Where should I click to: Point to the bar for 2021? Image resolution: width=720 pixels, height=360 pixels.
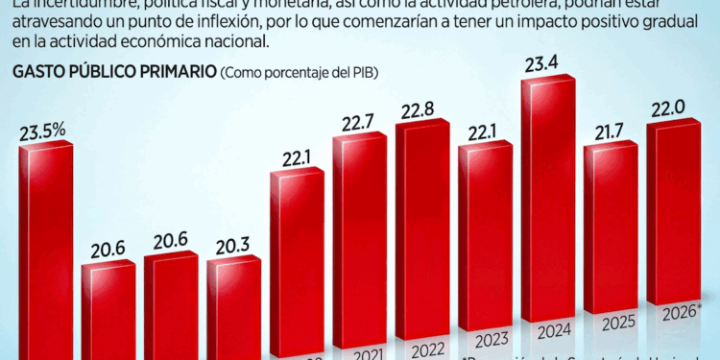coord(358,240)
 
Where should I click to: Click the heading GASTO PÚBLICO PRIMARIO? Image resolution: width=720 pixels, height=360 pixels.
coord(112,73)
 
